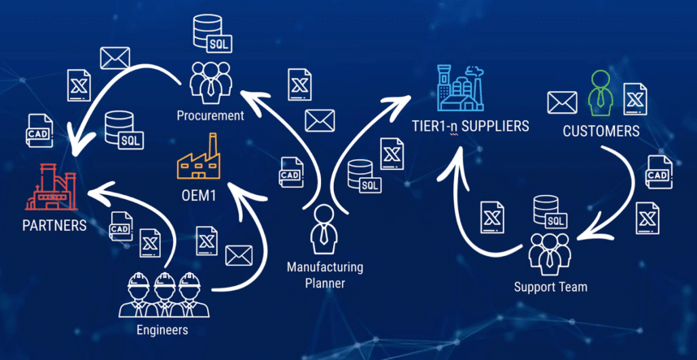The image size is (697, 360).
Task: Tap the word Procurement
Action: click(x=210, y=115)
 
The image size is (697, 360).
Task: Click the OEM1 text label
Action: click(x=199, y=196)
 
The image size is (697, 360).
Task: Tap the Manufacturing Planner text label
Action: click(x=325, y=275)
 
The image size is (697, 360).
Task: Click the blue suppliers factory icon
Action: click(x=462, y=87)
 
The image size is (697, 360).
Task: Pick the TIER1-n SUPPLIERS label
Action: click(x=470, y=126)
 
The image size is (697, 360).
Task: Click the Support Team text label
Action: click(x=551, y=287)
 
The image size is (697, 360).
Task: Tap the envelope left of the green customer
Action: click(x=562, y=102)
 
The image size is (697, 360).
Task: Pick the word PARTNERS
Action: click(x=54, y=225)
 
